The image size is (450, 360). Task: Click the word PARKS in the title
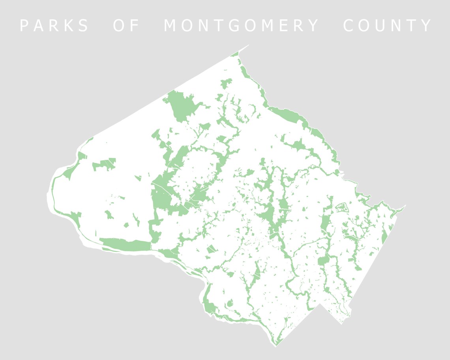click(54, 26)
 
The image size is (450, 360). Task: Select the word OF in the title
click(127, 26)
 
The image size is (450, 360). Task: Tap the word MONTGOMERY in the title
click(241, 26)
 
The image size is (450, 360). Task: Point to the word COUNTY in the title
click(388, 26)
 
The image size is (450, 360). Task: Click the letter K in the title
click(69, 26)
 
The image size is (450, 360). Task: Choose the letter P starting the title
click(24, 26)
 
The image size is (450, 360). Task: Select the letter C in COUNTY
click(349, 26)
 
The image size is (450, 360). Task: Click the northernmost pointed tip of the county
click(249, 45)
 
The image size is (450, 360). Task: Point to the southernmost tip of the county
click(276, 346)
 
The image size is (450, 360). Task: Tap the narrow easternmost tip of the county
click(405, 206)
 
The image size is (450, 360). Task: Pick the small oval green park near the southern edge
click(229, 304)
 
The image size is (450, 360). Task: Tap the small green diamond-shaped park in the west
click(126, 225)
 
